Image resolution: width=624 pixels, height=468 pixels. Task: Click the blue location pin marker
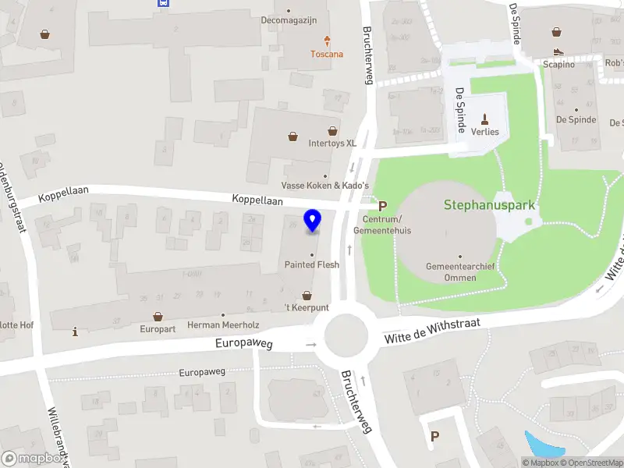tap(313, 221)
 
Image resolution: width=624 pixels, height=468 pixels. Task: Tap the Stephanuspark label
tap(489, 206)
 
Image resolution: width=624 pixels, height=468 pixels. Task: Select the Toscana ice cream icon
tap(327, 41)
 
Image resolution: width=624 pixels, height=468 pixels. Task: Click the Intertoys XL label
tap(332, 144)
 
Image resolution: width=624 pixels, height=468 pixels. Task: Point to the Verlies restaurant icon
tap(485, 119)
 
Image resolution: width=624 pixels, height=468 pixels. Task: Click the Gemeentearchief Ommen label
tap(460, 272)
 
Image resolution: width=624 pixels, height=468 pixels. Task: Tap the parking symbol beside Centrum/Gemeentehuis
tap(382, 207)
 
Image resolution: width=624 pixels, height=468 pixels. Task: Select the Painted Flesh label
tap(311, 264)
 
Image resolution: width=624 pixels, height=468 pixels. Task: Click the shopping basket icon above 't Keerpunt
tap(307, 296)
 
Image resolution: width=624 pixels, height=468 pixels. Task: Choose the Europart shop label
tap(158, 328)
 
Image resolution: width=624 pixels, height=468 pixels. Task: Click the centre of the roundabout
tap(346, 337)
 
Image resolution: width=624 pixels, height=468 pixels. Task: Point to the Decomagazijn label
tap(289, 20)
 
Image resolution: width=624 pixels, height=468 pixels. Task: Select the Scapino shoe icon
tap(558, 51)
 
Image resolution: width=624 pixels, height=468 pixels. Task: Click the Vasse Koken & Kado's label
tap(325, 186)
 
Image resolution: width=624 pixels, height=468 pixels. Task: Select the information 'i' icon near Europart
tap(75, 331)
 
